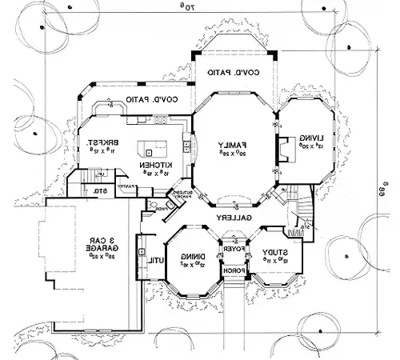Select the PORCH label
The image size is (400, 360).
(x=233, y=271)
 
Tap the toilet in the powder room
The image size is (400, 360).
(x=148, y=206)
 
